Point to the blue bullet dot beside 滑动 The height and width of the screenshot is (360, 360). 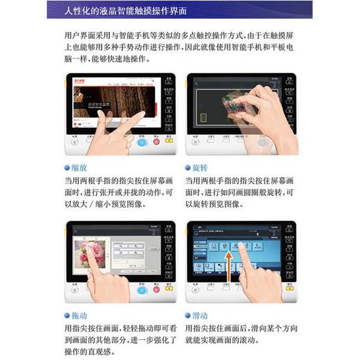(x=188, y=316)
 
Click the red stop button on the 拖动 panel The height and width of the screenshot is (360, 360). (x=156, y=290)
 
